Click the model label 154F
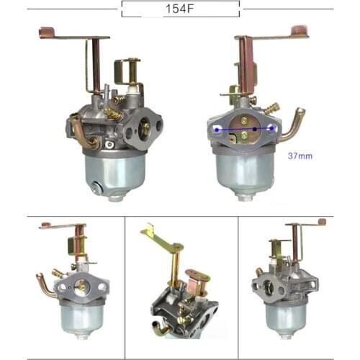click(179, 9)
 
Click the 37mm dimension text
click(300, 156)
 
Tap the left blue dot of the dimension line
click(218, 129)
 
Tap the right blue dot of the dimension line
click(271, 128)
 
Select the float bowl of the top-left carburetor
click(115, 173)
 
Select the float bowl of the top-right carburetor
click(245, 173)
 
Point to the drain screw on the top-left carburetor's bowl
click(96, 188)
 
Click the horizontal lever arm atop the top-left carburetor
click(72, 35)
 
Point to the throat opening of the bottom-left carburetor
click(81, 287)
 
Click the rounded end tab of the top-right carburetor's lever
click(300, 31)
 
